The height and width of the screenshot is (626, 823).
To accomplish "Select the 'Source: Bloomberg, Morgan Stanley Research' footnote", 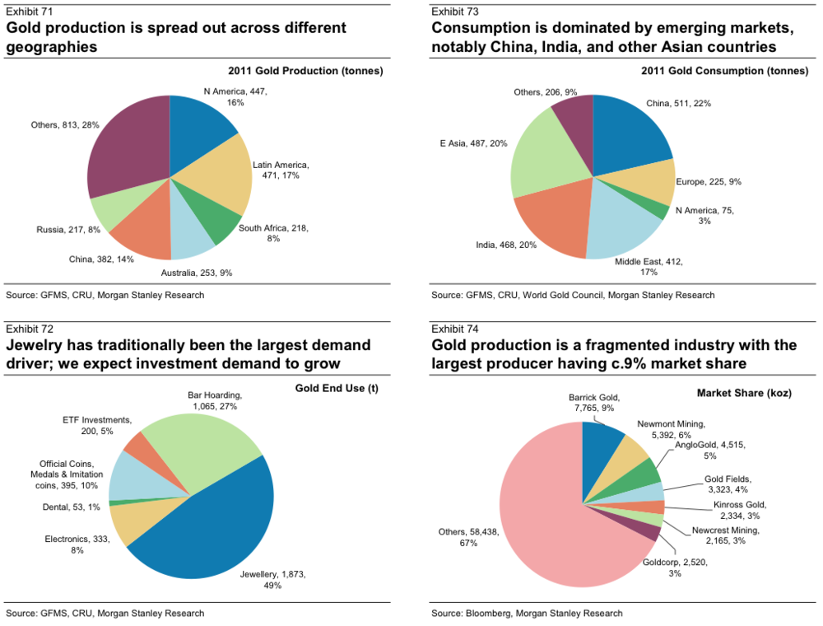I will click(527, 613).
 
